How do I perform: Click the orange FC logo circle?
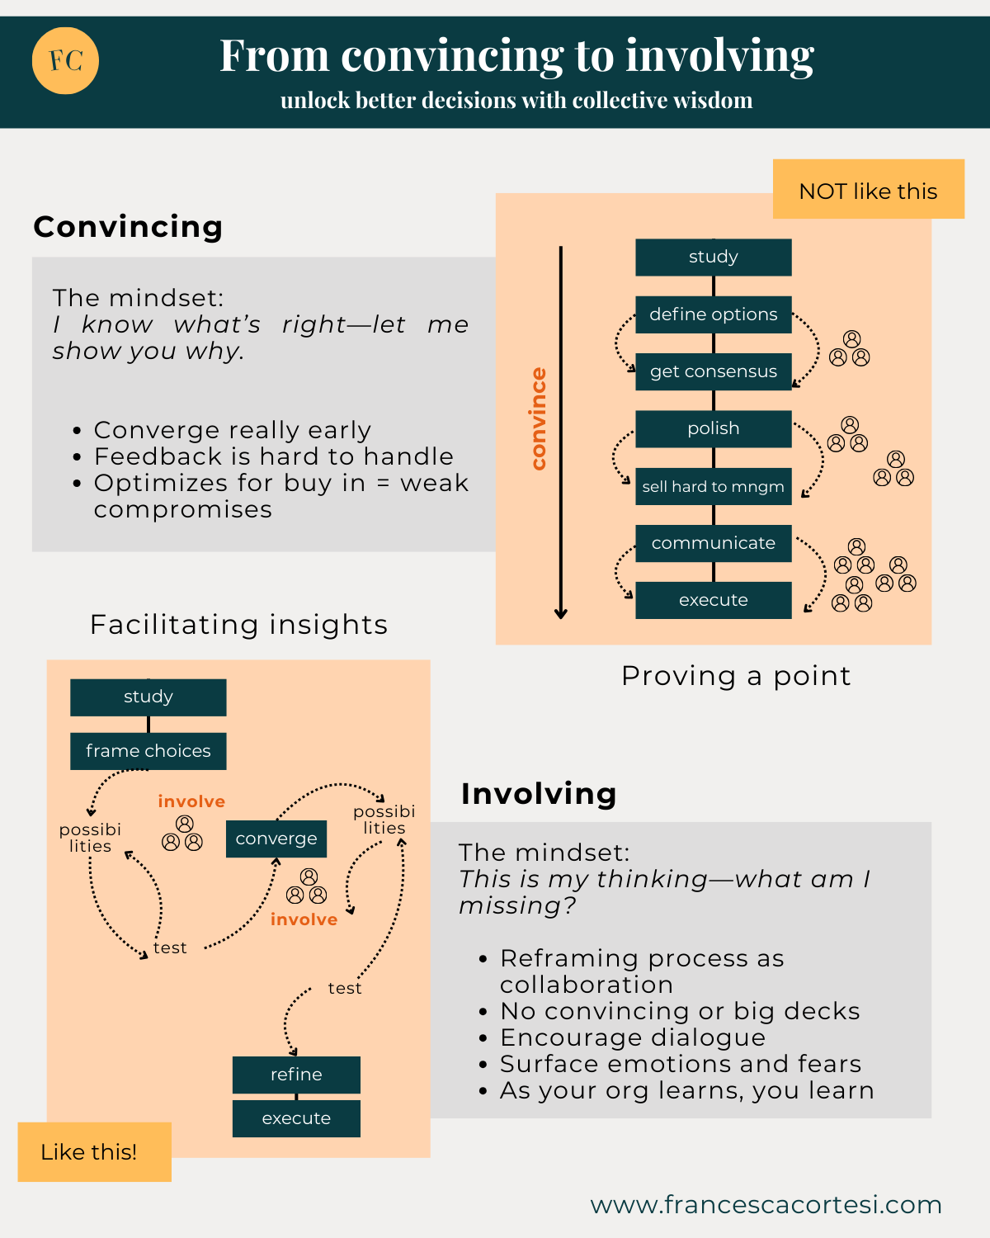(65, 60)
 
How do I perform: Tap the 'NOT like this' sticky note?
(868, 190)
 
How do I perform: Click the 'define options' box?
(713, 314)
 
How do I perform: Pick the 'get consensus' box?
(713, 371)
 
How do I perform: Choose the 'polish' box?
(713, 428)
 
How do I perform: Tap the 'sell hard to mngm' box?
(713, 486)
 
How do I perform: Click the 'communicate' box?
(713, 543)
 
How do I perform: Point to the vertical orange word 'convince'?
(538, 418)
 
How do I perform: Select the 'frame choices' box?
(148, 751)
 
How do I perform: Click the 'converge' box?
(276, 839)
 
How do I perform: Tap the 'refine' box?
(296, 1075)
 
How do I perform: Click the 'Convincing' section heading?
(128, 227)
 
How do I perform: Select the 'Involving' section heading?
(539, 793)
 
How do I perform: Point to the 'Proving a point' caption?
(736, 676)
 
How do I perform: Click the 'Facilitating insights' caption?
(238, 625)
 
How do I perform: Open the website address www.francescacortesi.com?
(766, 1205)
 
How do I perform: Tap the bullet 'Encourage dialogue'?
(633, 1037)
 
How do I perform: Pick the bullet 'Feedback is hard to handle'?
(273, 456)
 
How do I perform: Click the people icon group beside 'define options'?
(850, 349)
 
